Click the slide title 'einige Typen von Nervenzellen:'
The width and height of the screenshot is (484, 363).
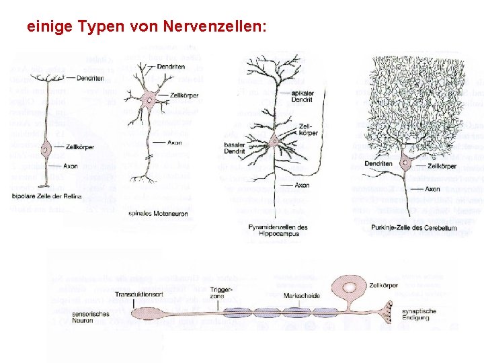(x=147, y=27)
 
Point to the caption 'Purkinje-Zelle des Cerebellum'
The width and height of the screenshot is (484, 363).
(x=410, y=229)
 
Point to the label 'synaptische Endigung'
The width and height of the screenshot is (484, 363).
(x=419, y=315)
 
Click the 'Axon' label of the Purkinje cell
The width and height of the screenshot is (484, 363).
(x=433, y=190)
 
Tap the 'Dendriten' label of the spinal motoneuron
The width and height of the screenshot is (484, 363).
(x=171, y=67)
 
